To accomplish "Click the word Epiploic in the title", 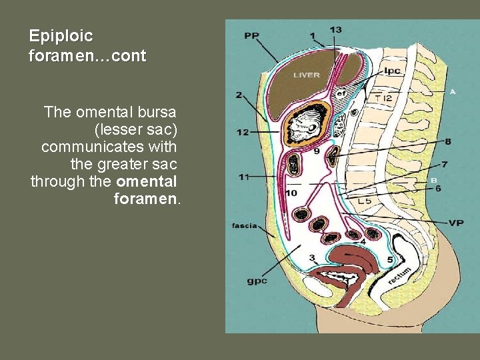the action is (61, 36).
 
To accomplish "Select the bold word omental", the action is (146, 181).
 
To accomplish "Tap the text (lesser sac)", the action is (137, 129).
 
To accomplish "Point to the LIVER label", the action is (307, 75).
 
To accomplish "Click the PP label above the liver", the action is (251, 35).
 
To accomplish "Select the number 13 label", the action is (336, 29).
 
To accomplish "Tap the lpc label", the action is (393, 70).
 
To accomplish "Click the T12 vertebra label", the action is (384, 98).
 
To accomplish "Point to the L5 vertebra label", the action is (365, 200).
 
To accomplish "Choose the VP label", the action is (456, 223).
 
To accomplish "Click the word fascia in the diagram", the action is (245, 225).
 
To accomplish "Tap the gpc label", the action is (257, 281).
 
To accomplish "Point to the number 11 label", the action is (245, 177).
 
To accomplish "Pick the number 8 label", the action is (447, 141).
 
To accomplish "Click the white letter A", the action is (453, 91).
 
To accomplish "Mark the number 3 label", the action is (312, 258).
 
